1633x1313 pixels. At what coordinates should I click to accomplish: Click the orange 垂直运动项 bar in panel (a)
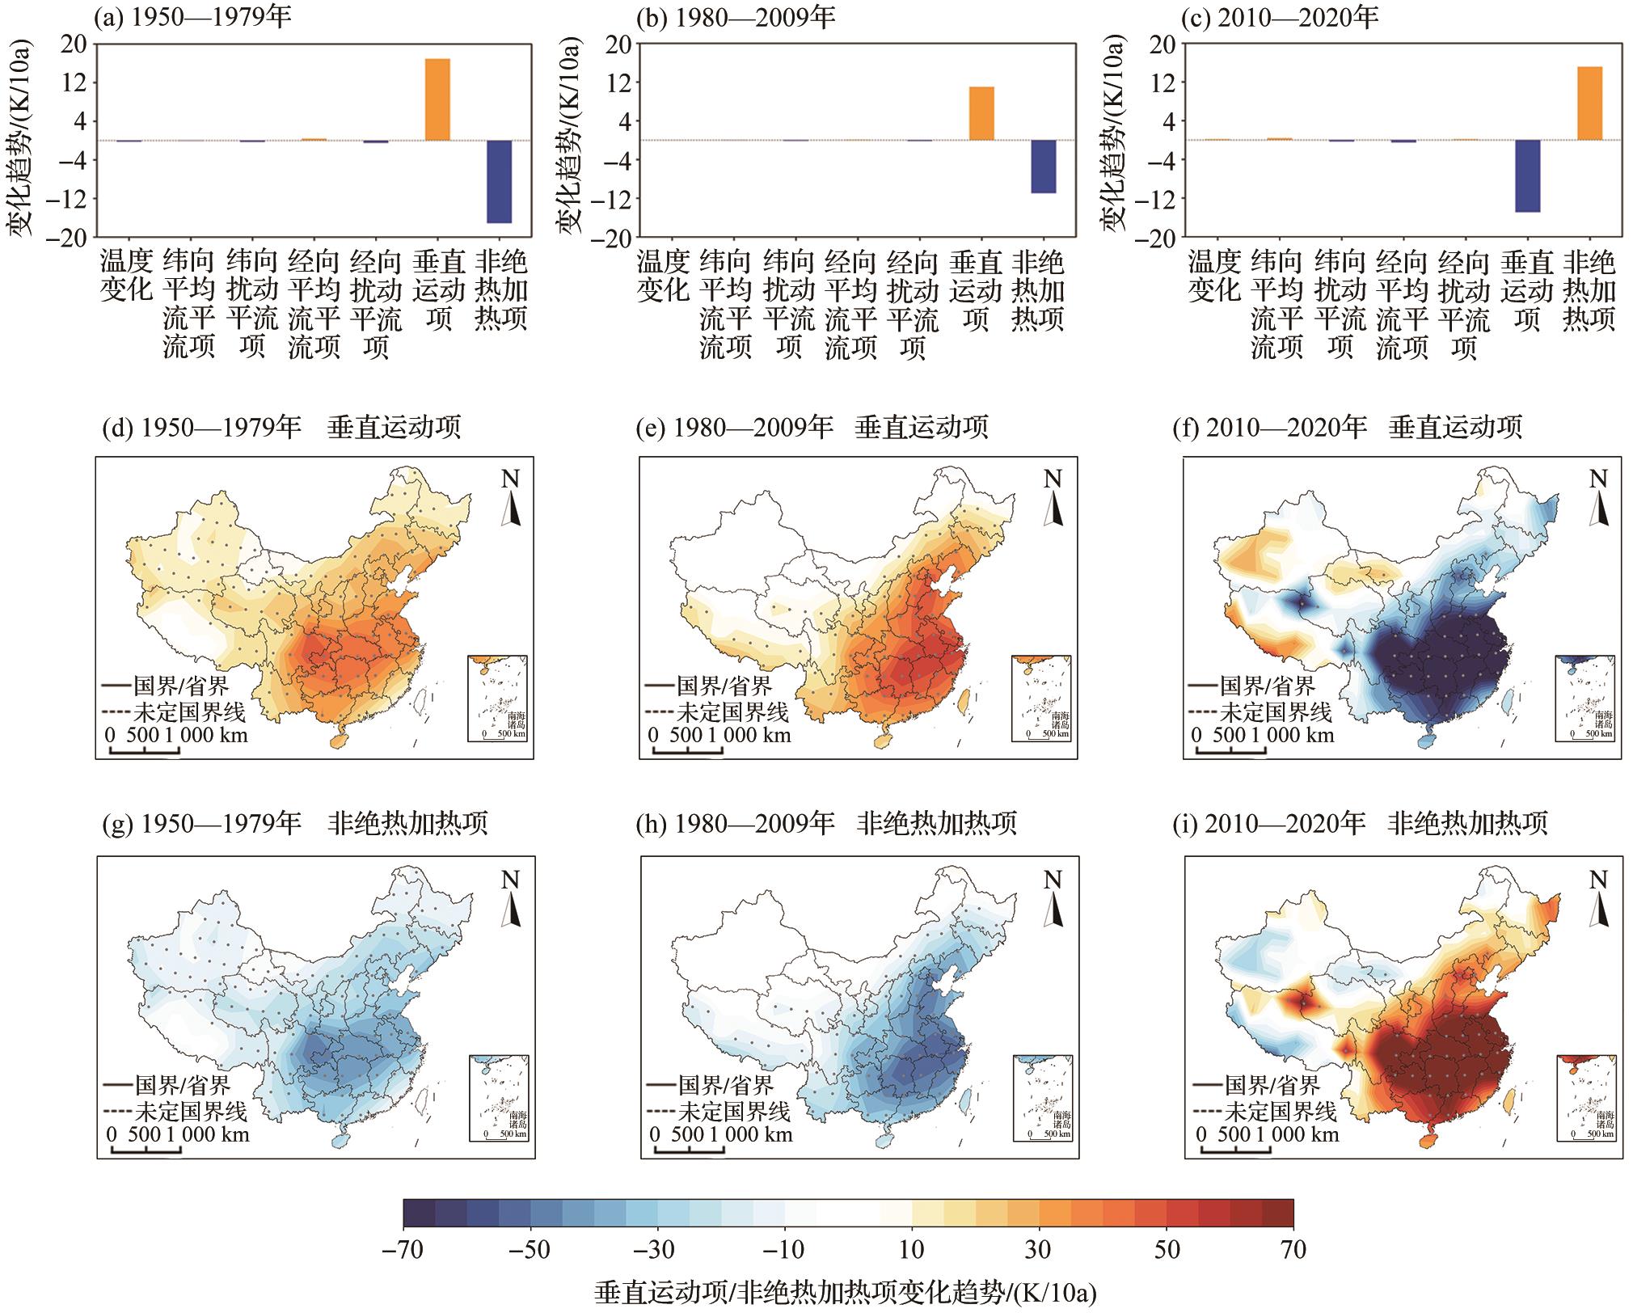437,99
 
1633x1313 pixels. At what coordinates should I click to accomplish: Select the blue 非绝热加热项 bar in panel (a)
499,181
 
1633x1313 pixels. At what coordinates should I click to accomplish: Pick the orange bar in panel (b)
981,113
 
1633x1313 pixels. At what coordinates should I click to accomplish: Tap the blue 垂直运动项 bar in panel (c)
1526,176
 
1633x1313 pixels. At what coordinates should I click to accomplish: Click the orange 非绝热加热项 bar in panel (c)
1589,103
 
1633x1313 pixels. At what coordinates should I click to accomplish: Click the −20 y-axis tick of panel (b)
612,238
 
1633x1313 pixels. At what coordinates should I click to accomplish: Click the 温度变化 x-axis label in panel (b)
663,276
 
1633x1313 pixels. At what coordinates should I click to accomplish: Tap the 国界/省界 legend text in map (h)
725,1085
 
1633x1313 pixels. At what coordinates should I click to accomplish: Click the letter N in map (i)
1597,879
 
